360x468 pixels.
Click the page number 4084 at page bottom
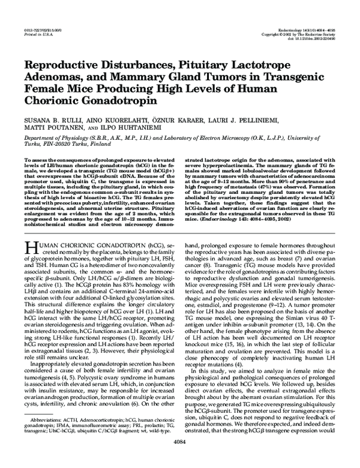tap(181, 457)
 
